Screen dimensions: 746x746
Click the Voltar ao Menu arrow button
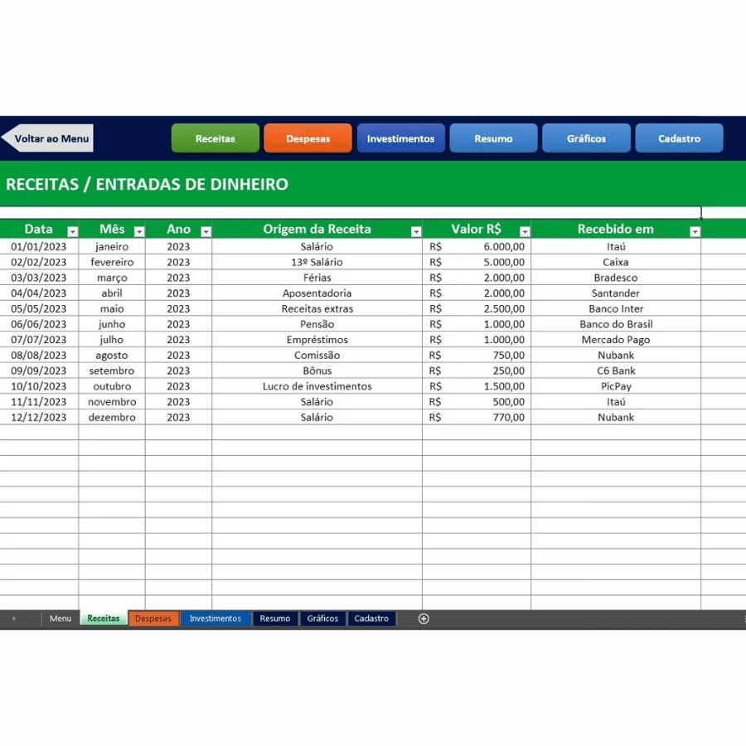click(48, 138)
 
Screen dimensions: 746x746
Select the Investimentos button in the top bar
click(400, 138)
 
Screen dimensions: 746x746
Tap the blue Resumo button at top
click(493, 138)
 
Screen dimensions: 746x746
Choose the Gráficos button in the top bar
click(586, 138)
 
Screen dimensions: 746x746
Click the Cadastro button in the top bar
click(679, 138)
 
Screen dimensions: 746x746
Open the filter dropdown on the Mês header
click(139, 231)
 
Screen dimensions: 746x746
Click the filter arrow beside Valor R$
click(524, 231)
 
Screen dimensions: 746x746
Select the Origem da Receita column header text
click(317, 230)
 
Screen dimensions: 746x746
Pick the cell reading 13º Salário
click(317, 262)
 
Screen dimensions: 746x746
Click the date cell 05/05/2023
click(39, 308)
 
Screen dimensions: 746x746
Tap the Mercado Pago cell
click(616, 340)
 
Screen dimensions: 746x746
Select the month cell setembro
click(112, 371)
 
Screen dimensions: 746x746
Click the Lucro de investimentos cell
click(317, 386)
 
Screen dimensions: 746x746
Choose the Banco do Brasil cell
click(616, 324)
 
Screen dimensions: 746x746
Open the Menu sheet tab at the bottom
click(61, 618)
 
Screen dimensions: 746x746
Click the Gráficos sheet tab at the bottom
click(322, 618)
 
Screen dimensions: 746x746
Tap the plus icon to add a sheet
click(424, 618)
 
